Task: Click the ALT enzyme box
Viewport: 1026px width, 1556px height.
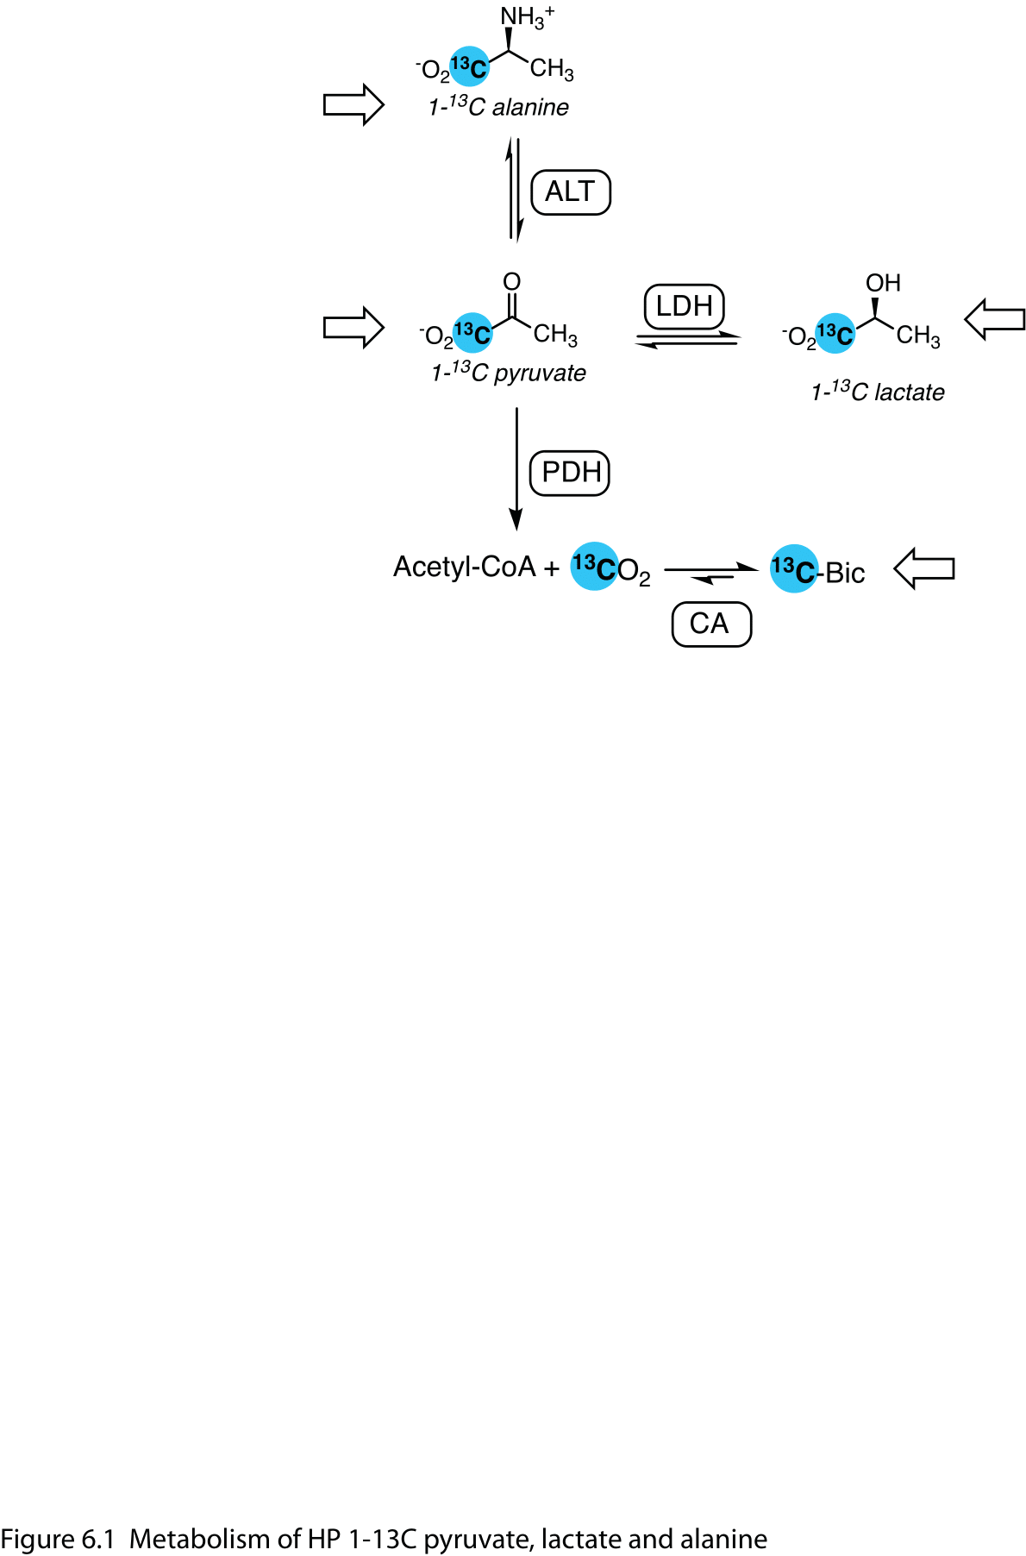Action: (570, 192)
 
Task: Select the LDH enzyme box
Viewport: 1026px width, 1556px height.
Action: (684, 306)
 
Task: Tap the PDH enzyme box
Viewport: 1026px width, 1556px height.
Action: (569, 473)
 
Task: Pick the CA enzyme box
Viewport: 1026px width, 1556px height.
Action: (710, 624)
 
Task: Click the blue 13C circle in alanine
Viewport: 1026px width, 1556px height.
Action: (470, 66)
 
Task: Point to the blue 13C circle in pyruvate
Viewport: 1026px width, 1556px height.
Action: (472, 332)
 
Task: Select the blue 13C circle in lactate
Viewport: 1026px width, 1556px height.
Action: (835, 333)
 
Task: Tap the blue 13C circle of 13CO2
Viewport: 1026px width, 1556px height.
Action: (594, 567)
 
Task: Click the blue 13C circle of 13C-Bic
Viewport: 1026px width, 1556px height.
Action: (792, 568)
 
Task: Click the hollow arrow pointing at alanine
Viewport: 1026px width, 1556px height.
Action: (353, 105)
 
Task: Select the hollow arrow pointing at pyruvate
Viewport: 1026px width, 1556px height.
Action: (353, 328)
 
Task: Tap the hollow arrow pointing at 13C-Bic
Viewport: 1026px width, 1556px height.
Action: (924, 568)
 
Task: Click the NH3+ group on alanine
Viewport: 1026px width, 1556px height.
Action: (526, 16)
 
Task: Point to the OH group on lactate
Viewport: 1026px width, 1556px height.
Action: (883, 283)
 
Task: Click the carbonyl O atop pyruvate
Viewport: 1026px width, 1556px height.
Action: (511, 282)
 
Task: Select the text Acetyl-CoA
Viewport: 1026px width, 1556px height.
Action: (464, 567)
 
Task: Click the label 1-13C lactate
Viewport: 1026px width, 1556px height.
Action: (877, 392)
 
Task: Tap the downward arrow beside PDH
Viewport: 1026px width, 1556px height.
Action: (516, 470)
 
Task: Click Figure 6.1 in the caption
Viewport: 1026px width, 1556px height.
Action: (57, 1539)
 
